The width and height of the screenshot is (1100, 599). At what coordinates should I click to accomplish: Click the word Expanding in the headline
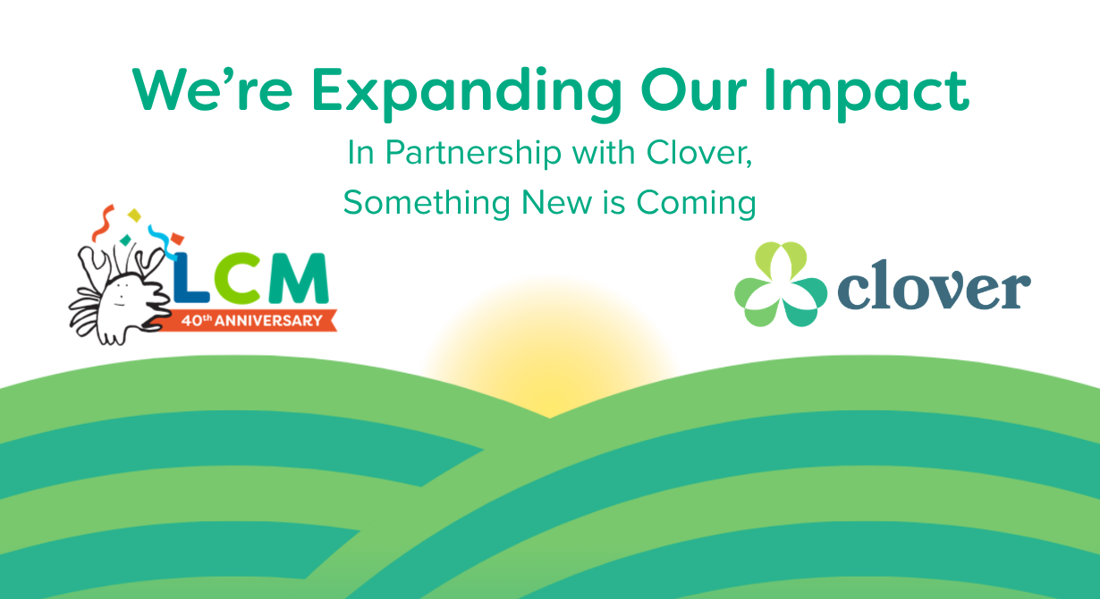pos(467,93)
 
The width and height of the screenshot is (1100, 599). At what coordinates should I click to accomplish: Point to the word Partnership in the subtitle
pos(473,153)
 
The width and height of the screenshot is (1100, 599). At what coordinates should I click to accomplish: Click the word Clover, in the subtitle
pos(698,153)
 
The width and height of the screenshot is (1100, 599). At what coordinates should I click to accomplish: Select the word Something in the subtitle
pos(427,203)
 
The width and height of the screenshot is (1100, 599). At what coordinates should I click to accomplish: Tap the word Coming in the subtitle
pos(696,203)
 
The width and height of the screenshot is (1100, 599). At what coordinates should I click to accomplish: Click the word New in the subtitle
pos(556,202)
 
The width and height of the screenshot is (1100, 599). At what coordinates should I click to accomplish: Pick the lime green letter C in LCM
pos(237,278)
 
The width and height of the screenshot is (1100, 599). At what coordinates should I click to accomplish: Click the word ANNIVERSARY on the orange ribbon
pos(268,321)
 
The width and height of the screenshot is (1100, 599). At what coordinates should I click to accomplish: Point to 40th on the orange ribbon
pos(197,321)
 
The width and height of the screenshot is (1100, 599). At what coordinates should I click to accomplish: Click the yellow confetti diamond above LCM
pos(134,215)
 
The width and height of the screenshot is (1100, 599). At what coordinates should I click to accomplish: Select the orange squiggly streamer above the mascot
pos(103,224)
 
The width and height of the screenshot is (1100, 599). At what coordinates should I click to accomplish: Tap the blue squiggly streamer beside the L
pos(161,241)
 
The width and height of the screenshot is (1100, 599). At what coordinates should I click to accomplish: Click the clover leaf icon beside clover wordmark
pos(781,284)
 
